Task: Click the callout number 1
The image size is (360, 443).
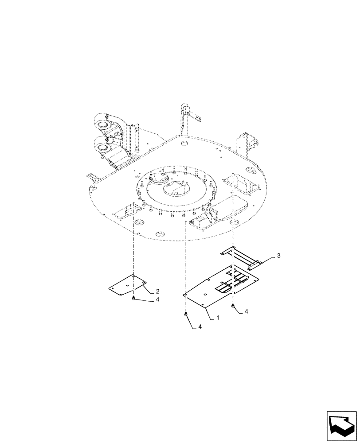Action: coord(218,318)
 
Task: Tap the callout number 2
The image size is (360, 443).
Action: coord(157,291)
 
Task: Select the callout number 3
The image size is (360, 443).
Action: coord(278,256)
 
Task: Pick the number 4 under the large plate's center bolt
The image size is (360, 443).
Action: coord(200,326)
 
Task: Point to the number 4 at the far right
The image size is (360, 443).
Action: coord(247,312)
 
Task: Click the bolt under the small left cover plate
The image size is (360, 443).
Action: coord(133,300)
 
